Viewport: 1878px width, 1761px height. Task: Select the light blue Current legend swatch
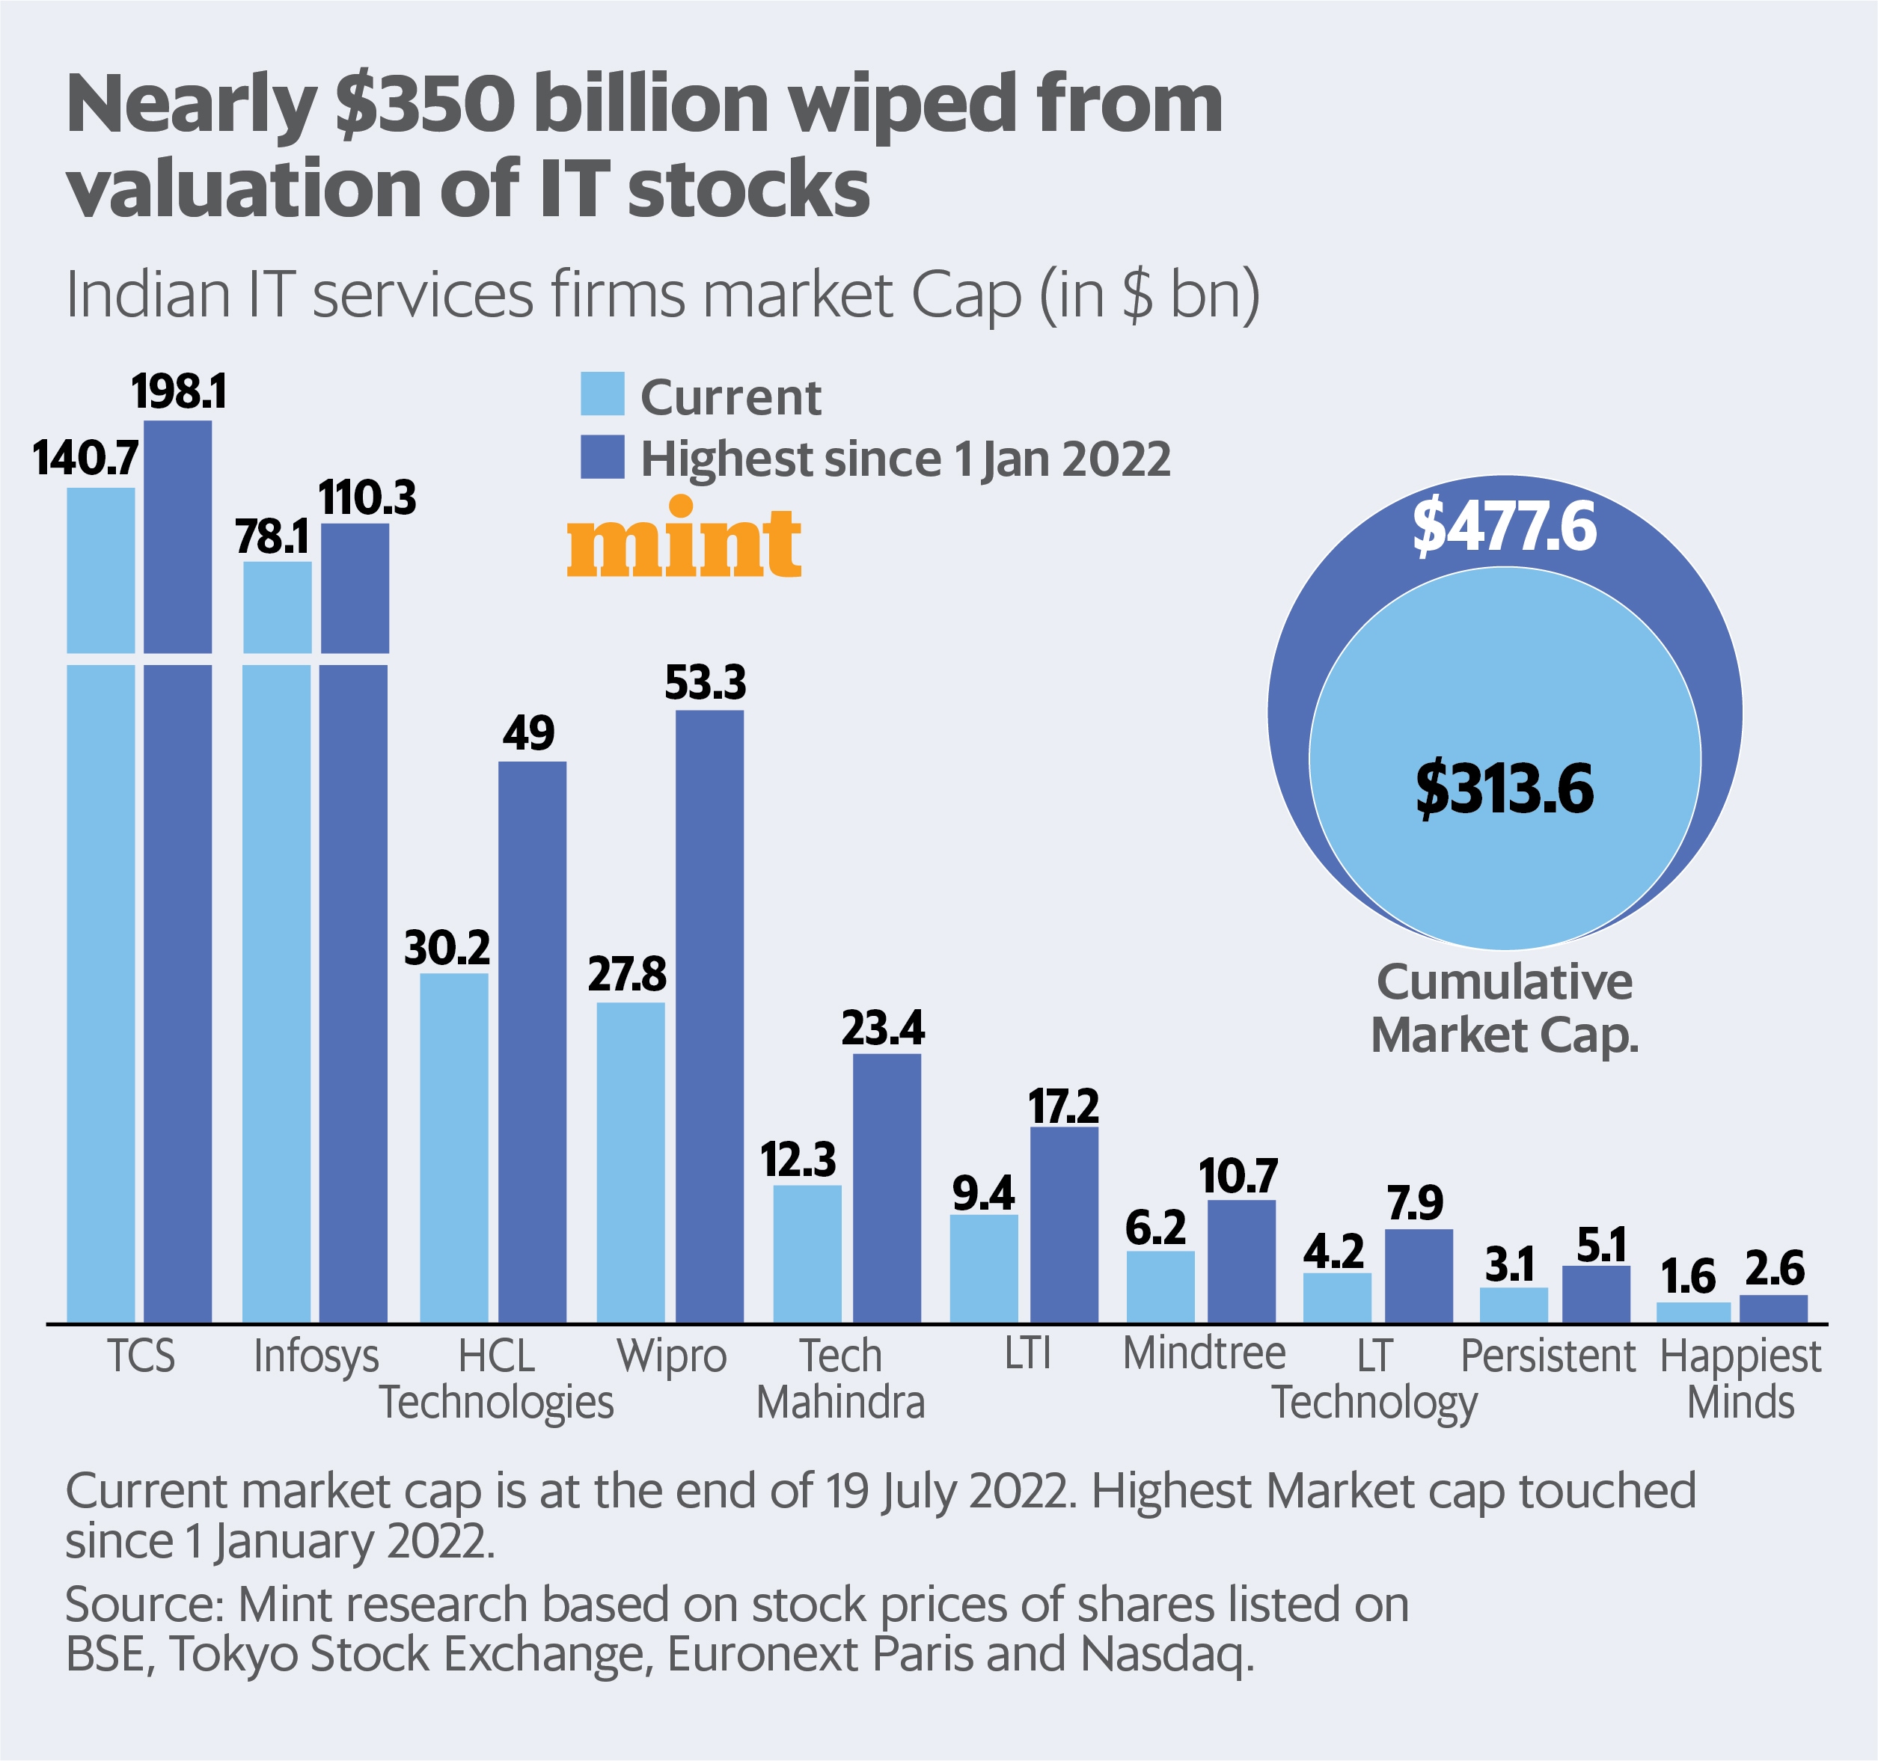pos(602,394)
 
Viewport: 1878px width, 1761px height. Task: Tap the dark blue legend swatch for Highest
pos(602,457)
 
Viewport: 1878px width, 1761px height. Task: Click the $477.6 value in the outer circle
pos(1504,527)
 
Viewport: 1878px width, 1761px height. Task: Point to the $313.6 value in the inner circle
pos(1504,789)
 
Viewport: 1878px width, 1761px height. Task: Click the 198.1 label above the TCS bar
pos(179,392)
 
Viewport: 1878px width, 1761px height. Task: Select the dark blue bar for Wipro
pos(709,1016)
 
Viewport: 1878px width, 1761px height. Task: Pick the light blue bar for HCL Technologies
pos(454,1147)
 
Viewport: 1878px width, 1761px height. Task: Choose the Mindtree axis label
pos(1204,1354)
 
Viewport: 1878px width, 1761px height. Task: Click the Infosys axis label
pos(316,1356)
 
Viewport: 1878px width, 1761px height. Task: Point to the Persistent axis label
pos(1547,1356)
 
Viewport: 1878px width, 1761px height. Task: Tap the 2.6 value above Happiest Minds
pos(1774,1269)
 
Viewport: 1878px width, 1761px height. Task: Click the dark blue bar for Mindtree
pos(1241,1261)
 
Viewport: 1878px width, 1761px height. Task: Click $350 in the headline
pos(424,104)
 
